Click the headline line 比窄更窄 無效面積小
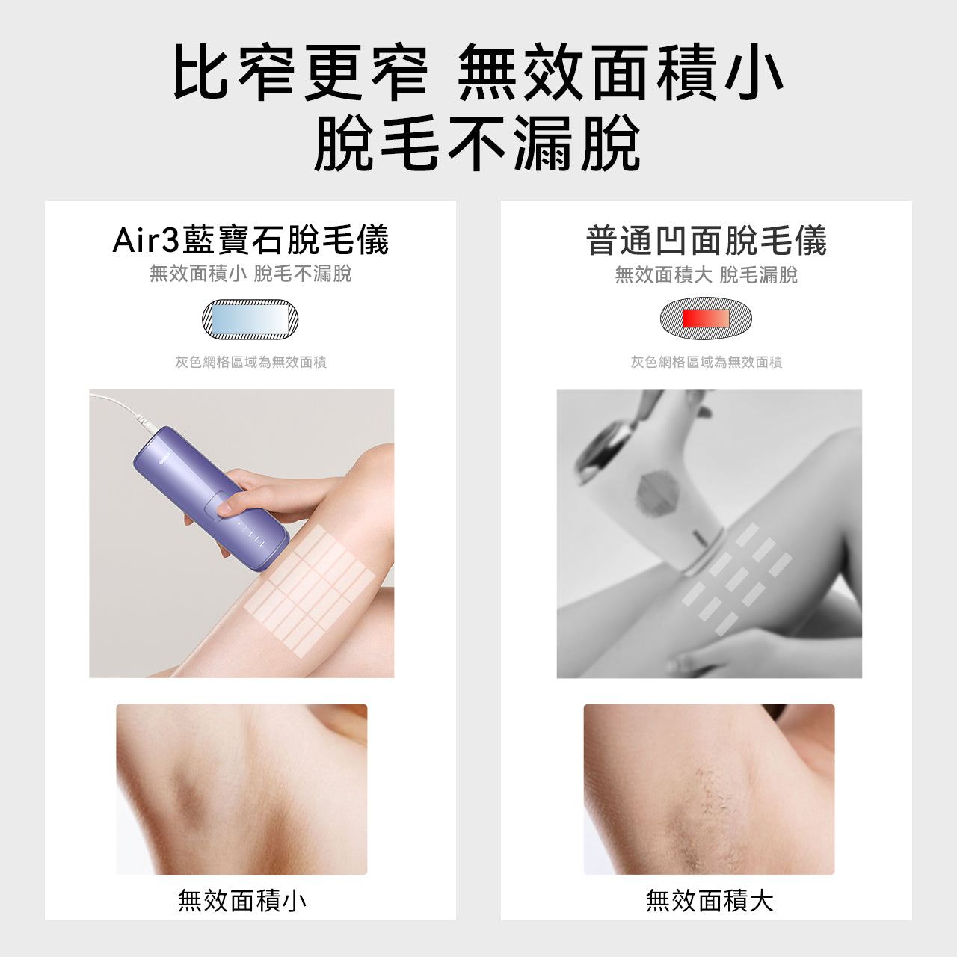click(x=478, y=73)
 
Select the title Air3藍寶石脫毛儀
click(x=250, y=240)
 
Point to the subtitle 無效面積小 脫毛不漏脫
click(x=250, y=274)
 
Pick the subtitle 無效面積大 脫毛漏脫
click(x=707, y=275)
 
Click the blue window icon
click(x=250, y=319)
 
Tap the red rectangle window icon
click(x=705, y=319)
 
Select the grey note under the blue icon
click(x=250, y=362)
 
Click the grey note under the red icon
click(x=707, y=362)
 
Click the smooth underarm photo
click(x=241, y=789)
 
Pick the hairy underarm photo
click(x=709, y=789)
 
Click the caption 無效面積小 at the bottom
click(x=242, y=900)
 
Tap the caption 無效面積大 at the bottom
click(x=710, y=900)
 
